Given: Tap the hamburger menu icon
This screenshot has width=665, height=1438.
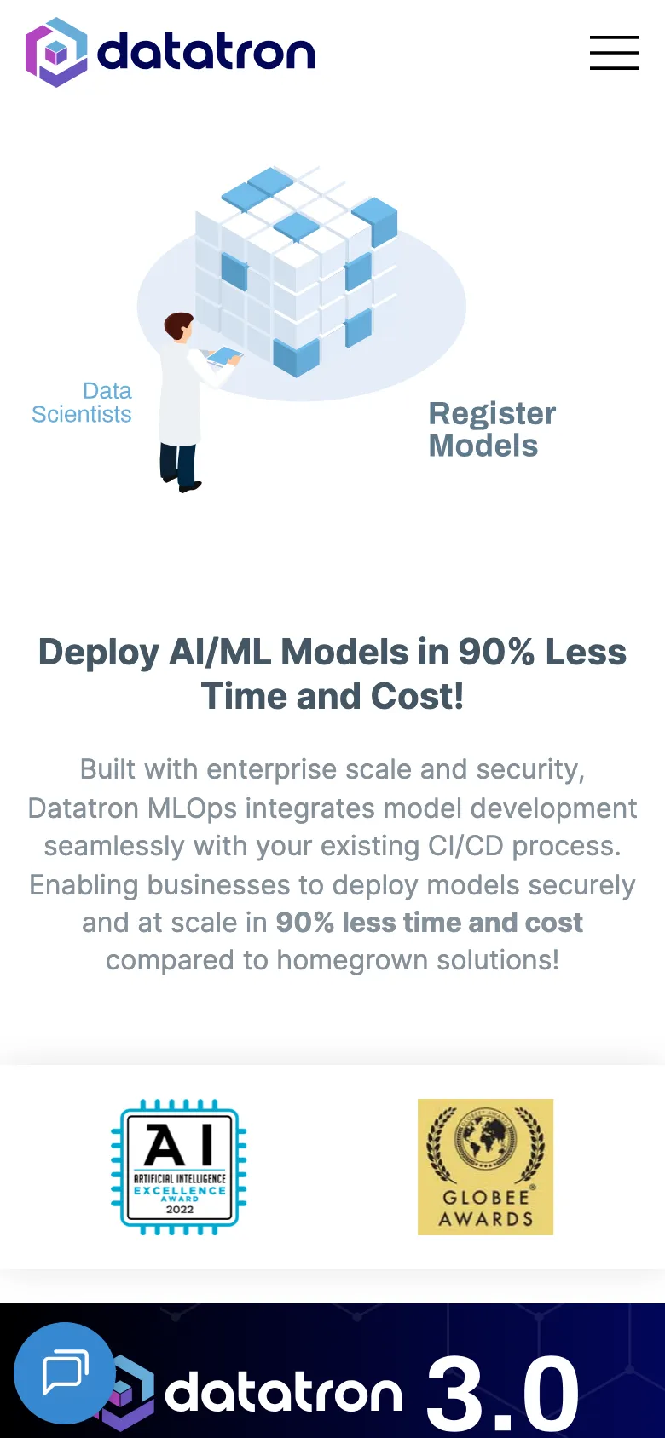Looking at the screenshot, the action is pos(614,53).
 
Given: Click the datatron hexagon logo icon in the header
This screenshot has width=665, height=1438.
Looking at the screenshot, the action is pos(56,52).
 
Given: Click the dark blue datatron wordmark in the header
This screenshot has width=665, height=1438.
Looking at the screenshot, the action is pos(206,52).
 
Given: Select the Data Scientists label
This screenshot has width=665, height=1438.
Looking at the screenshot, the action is pos(82,402).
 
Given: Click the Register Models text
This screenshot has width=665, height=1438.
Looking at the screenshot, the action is pos(492,429).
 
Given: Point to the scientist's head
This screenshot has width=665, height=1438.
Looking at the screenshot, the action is pos(179,326).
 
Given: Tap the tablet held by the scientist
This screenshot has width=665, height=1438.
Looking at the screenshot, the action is pos(223,356).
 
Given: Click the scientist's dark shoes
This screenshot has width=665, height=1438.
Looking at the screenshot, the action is pos(181,483).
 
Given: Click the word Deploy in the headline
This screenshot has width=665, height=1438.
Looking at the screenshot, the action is pos(98,653).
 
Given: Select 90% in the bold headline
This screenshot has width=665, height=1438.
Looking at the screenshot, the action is pos(496,652).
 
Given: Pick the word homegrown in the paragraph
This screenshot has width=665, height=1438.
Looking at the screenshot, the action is pos(351,960).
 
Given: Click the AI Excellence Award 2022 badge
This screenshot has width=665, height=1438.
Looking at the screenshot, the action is pos(179,1167).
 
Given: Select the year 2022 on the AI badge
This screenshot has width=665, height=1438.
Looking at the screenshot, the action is pos(180,1210).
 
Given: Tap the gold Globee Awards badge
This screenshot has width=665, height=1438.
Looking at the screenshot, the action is pos(485,1167).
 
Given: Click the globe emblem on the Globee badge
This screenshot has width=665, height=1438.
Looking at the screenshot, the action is pos(485,1141).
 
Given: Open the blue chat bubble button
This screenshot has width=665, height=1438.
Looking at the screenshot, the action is pos(64,1373).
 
